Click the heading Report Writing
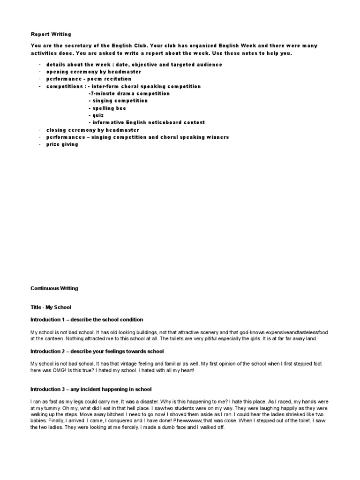coord(51,34)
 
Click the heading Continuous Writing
coord(54,288)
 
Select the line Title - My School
coord(51,307)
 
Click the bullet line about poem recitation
coord(89,79)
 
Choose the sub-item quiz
coord(97,115)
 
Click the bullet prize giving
coord(62,144)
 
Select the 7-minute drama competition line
coord(129,94)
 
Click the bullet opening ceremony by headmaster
coord(94,72)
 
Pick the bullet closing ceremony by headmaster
coord(92,130)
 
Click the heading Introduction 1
coord(87,319)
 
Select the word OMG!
coord(56,370)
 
